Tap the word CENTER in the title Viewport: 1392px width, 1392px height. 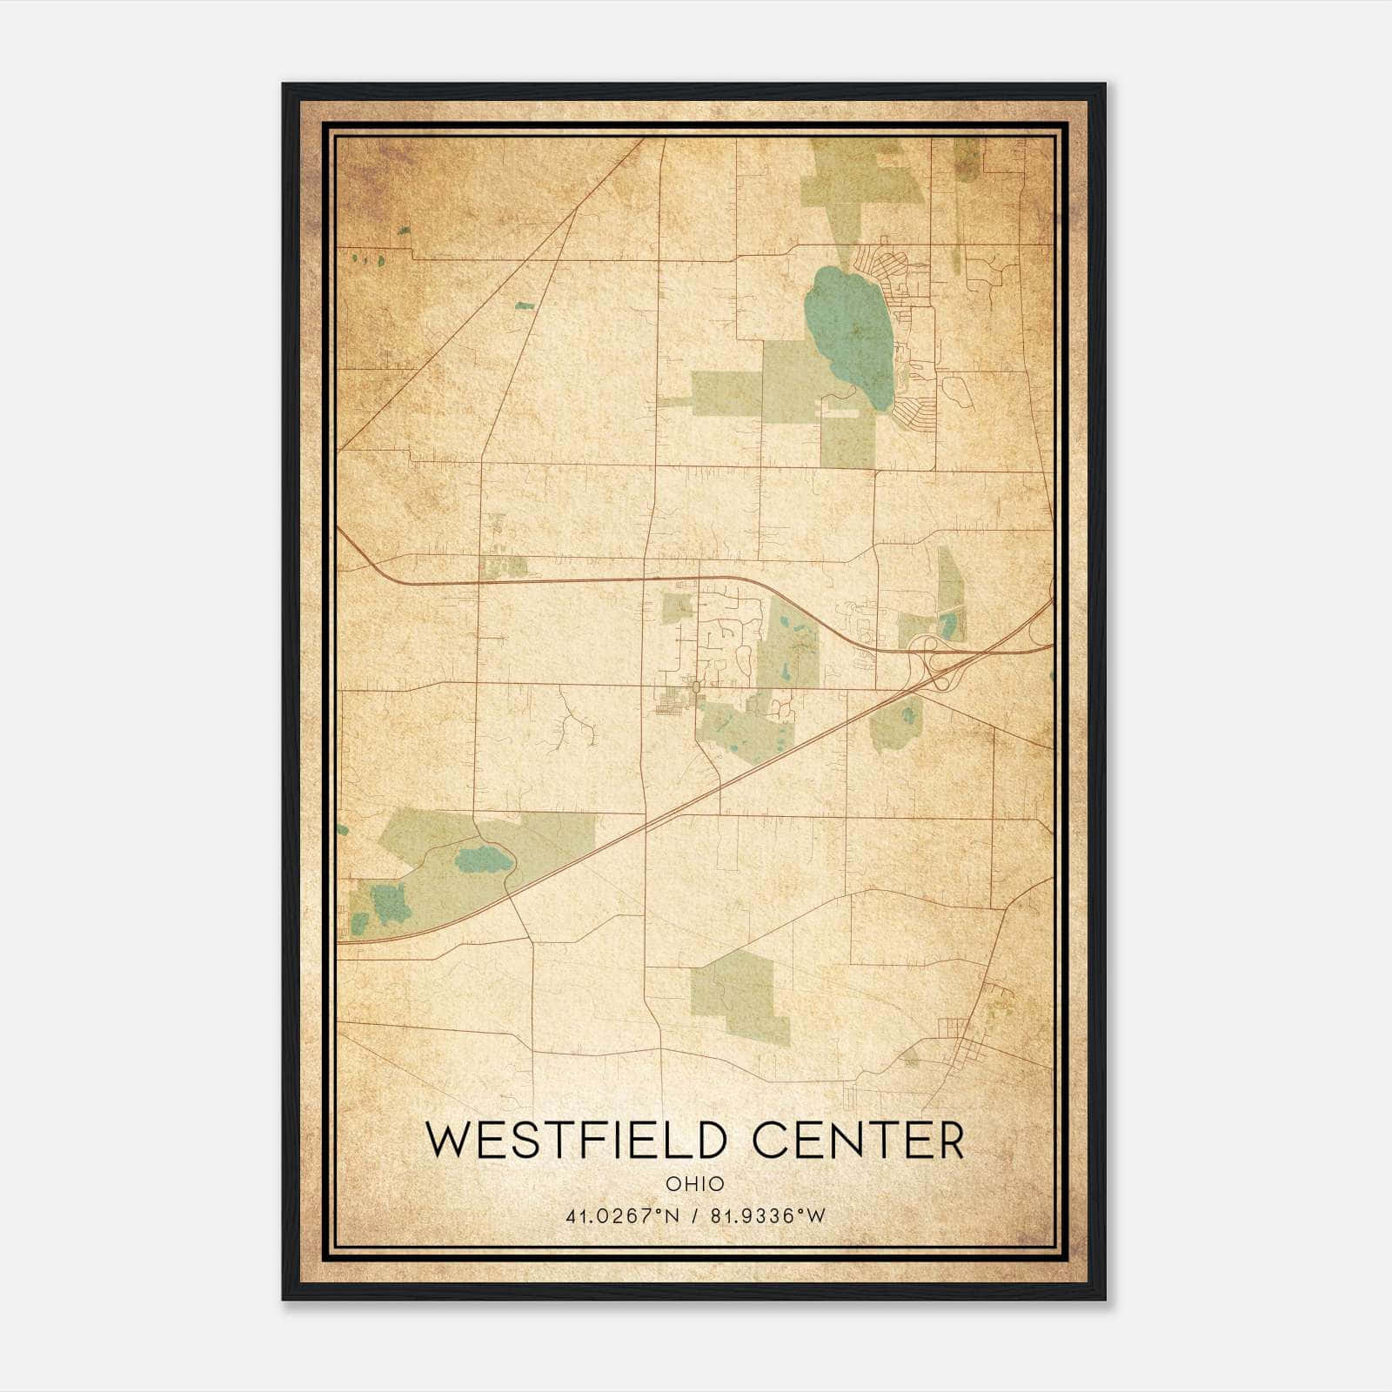tap(859, 1141)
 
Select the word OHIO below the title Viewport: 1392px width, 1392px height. tap(694, 1184)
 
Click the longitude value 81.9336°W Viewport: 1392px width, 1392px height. tap(767, 1216)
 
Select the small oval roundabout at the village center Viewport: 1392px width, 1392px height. tap(696, 688)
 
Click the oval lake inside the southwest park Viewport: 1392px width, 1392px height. tap(484, 860)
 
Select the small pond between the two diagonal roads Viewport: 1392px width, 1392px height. tap(524, 305)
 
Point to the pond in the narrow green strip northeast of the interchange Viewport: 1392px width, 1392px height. tap(948, 623)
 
